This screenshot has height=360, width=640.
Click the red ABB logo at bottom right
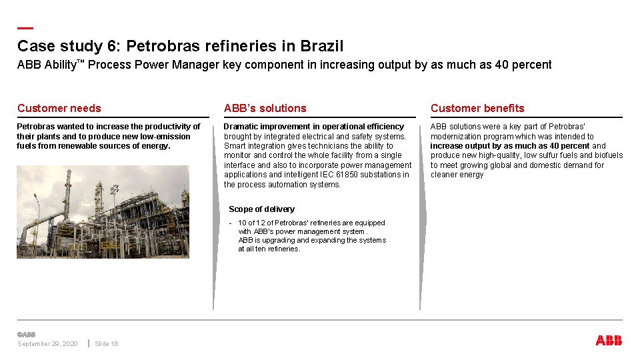tap(609, 341)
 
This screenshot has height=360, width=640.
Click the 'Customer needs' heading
tap(59, 108)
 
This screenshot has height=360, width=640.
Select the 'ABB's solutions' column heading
tap(265, 108)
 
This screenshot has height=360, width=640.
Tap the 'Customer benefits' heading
tap(477, 108)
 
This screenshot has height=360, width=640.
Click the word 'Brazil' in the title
tap(322, 46)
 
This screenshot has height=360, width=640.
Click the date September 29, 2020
tap(47, 344)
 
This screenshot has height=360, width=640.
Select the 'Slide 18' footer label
tap(107, 344)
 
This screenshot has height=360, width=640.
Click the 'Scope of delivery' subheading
tap(261, 209)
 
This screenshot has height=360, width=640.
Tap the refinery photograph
tap(103, 212)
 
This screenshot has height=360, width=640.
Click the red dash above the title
tap(25, 29)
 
